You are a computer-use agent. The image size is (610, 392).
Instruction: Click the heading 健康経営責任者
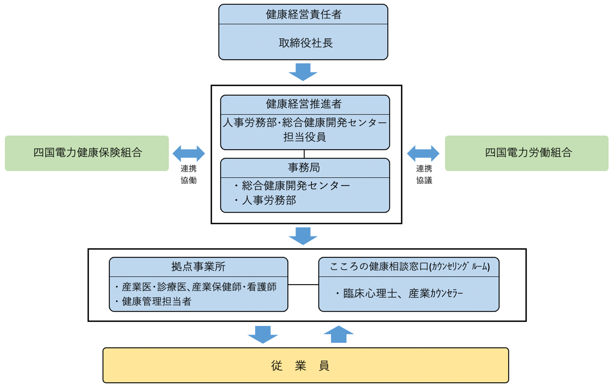pos(303,14)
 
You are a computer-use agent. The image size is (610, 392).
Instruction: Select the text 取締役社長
pos(305,43)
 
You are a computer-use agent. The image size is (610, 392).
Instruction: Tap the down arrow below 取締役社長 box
pos(303,72)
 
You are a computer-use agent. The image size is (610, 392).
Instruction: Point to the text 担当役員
pos(304,137)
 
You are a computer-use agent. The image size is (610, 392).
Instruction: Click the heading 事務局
pos(304,167)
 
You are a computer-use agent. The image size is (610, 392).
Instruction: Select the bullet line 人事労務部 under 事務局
pos(268,200)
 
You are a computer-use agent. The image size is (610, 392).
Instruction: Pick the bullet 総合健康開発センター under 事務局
pos(295,185)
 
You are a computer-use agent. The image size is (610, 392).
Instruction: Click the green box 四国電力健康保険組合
pos(87,153)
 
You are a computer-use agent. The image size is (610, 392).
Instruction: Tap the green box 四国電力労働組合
pos(526,153)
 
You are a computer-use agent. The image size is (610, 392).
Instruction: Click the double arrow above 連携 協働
pos(188,153)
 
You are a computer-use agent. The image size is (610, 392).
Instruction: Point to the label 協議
pos(424,180)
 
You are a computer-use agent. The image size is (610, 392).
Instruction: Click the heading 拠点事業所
pos(198,267)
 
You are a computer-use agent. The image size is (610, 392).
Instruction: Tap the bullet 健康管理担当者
pos(156,301)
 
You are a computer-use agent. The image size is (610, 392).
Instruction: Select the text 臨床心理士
pos(370,294)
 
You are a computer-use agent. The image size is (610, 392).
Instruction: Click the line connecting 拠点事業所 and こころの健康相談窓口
pos(303,285)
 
